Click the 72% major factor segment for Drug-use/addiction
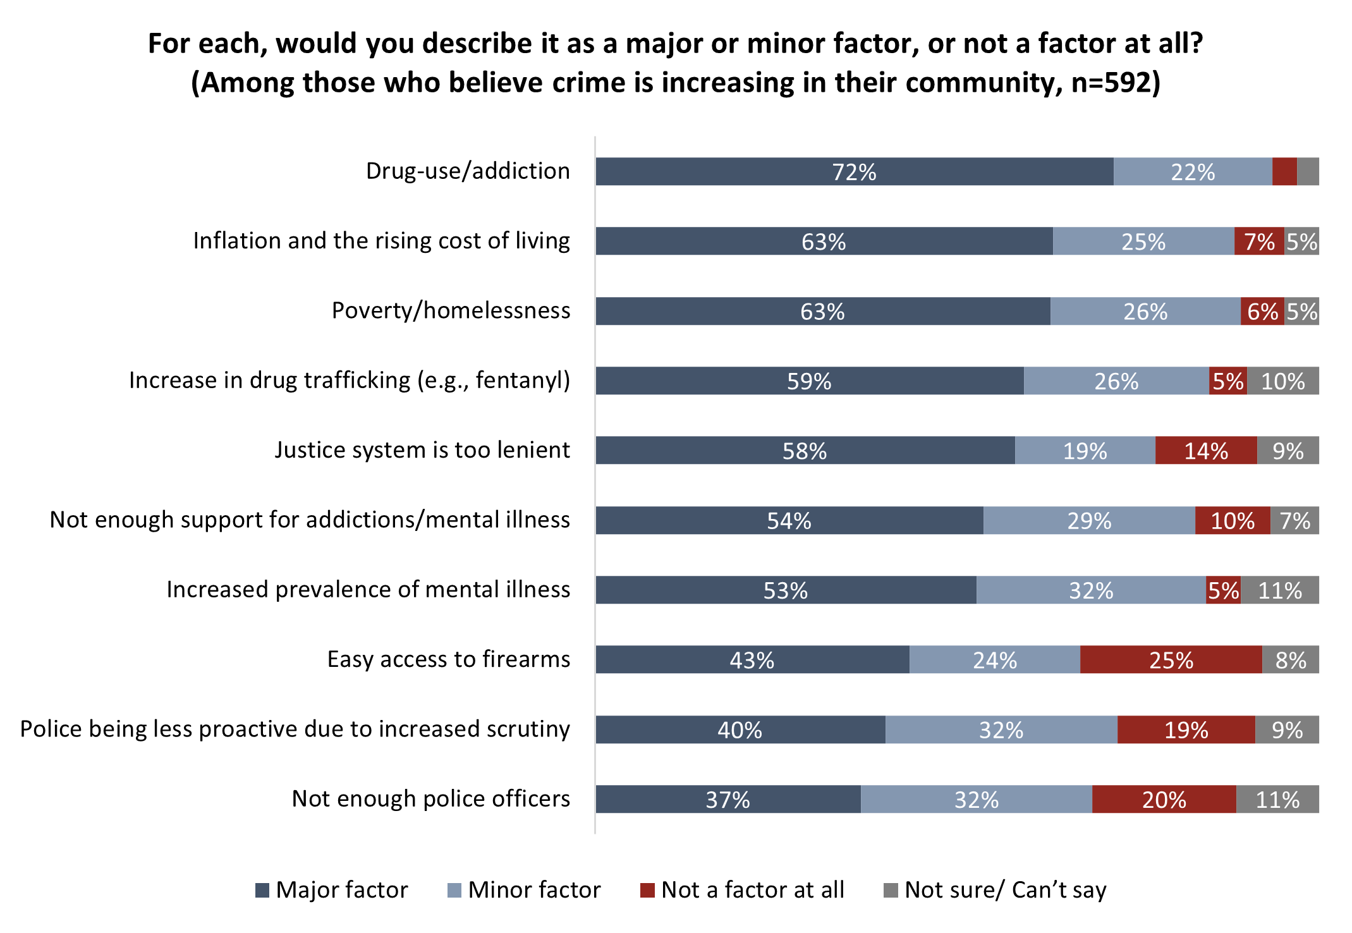(x=854, y=171)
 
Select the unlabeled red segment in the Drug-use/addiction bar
(x=1284, y=171)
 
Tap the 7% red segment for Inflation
(x=1258, y=241)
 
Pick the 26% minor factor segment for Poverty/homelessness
(x=1145, y=311)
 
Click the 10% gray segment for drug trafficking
(x=1282, y=381)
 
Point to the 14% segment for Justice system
(x=1205, y=451)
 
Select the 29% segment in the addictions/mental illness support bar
(x=1088, y=521)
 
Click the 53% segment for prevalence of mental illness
(x=785, y=590)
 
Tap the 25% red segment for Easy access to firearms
(x=1171, y=660)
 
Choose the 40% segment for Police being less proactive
(x=740, y=730)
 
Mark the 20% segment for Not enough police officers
(x=1164, y=800)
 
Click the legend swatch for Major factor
(x=262, y=891)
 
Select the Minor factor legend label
(x=534, y=890)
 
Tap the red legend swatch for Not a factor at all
(x=647, y=891)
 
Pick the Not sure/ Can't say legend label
(x=1005, y=890)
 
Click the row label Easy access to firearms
(x=448, y=659)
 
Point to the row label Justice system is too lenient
(x=422, y=450)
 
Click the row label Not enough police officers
(x=430, y=799)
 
